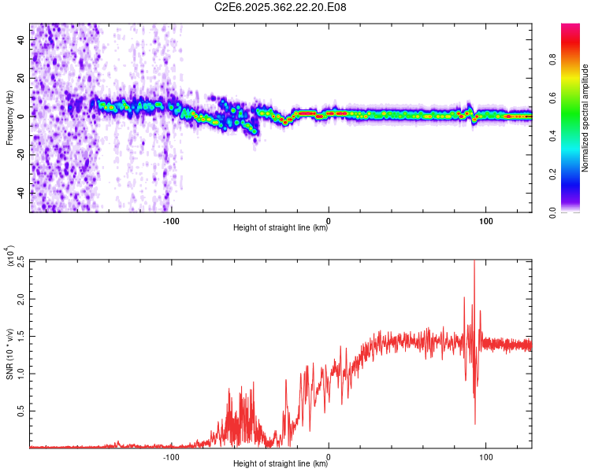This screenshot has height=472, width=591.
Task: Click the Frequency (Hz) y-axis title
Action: [x=9, y=117]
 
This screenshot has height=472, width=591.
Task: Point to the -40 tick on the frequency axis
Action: [x=20, y=193]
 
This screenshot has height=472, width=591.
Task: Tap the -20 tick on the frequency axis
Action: [x=20, y=154]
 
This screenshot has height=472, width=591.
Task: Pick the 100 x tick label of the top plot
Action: [x=486, y=220]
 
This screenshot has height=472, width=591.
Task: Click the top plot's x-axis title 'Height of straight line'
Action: [x=281, y=228]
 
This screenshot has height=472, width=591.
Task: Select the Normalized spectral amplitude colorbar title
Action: [x=585, y=117]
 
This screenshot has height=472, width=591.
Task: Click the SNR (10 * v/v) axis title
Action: [x=9, y=353]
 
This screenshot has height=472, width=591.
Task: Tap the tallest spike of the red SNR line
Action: [x=474, y=263]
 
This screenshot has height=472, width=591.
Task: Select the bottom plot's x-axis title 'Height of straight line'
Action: [x=281, y=464]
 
